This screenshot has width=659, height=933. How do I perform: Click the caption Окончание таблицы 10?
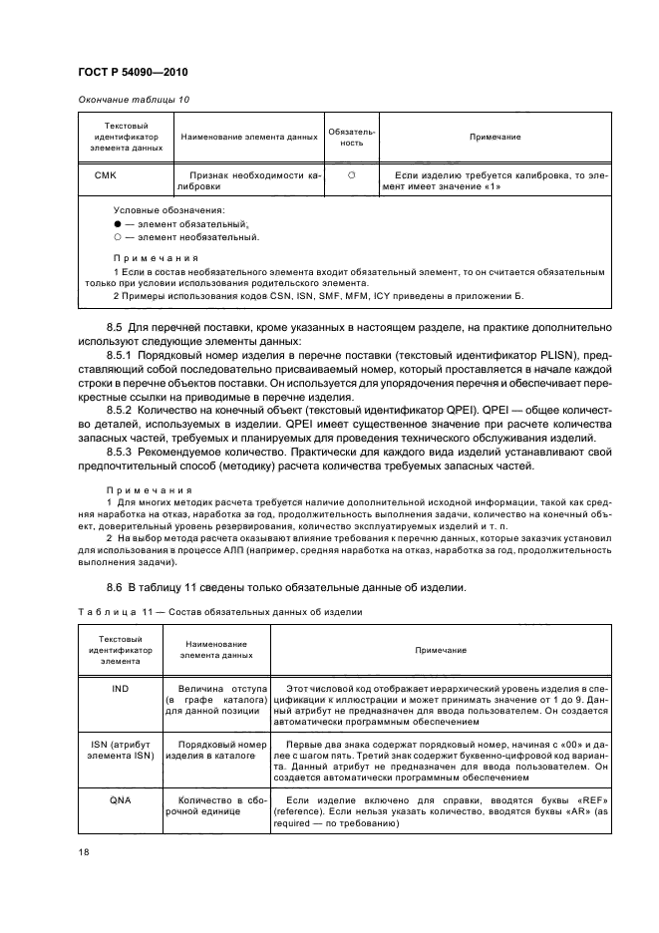tap(134, 100)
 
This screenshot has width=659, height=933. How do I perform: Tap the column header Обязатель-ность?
tap(352, 137)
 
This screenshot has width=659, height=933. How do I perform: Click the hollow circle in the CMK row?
tap(352, 175)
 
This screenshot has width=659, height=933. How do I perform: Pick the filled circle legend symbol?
tap(119, 226)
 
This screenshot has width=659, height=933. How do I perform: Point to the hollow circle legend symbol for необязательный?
tap(119, 238)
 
